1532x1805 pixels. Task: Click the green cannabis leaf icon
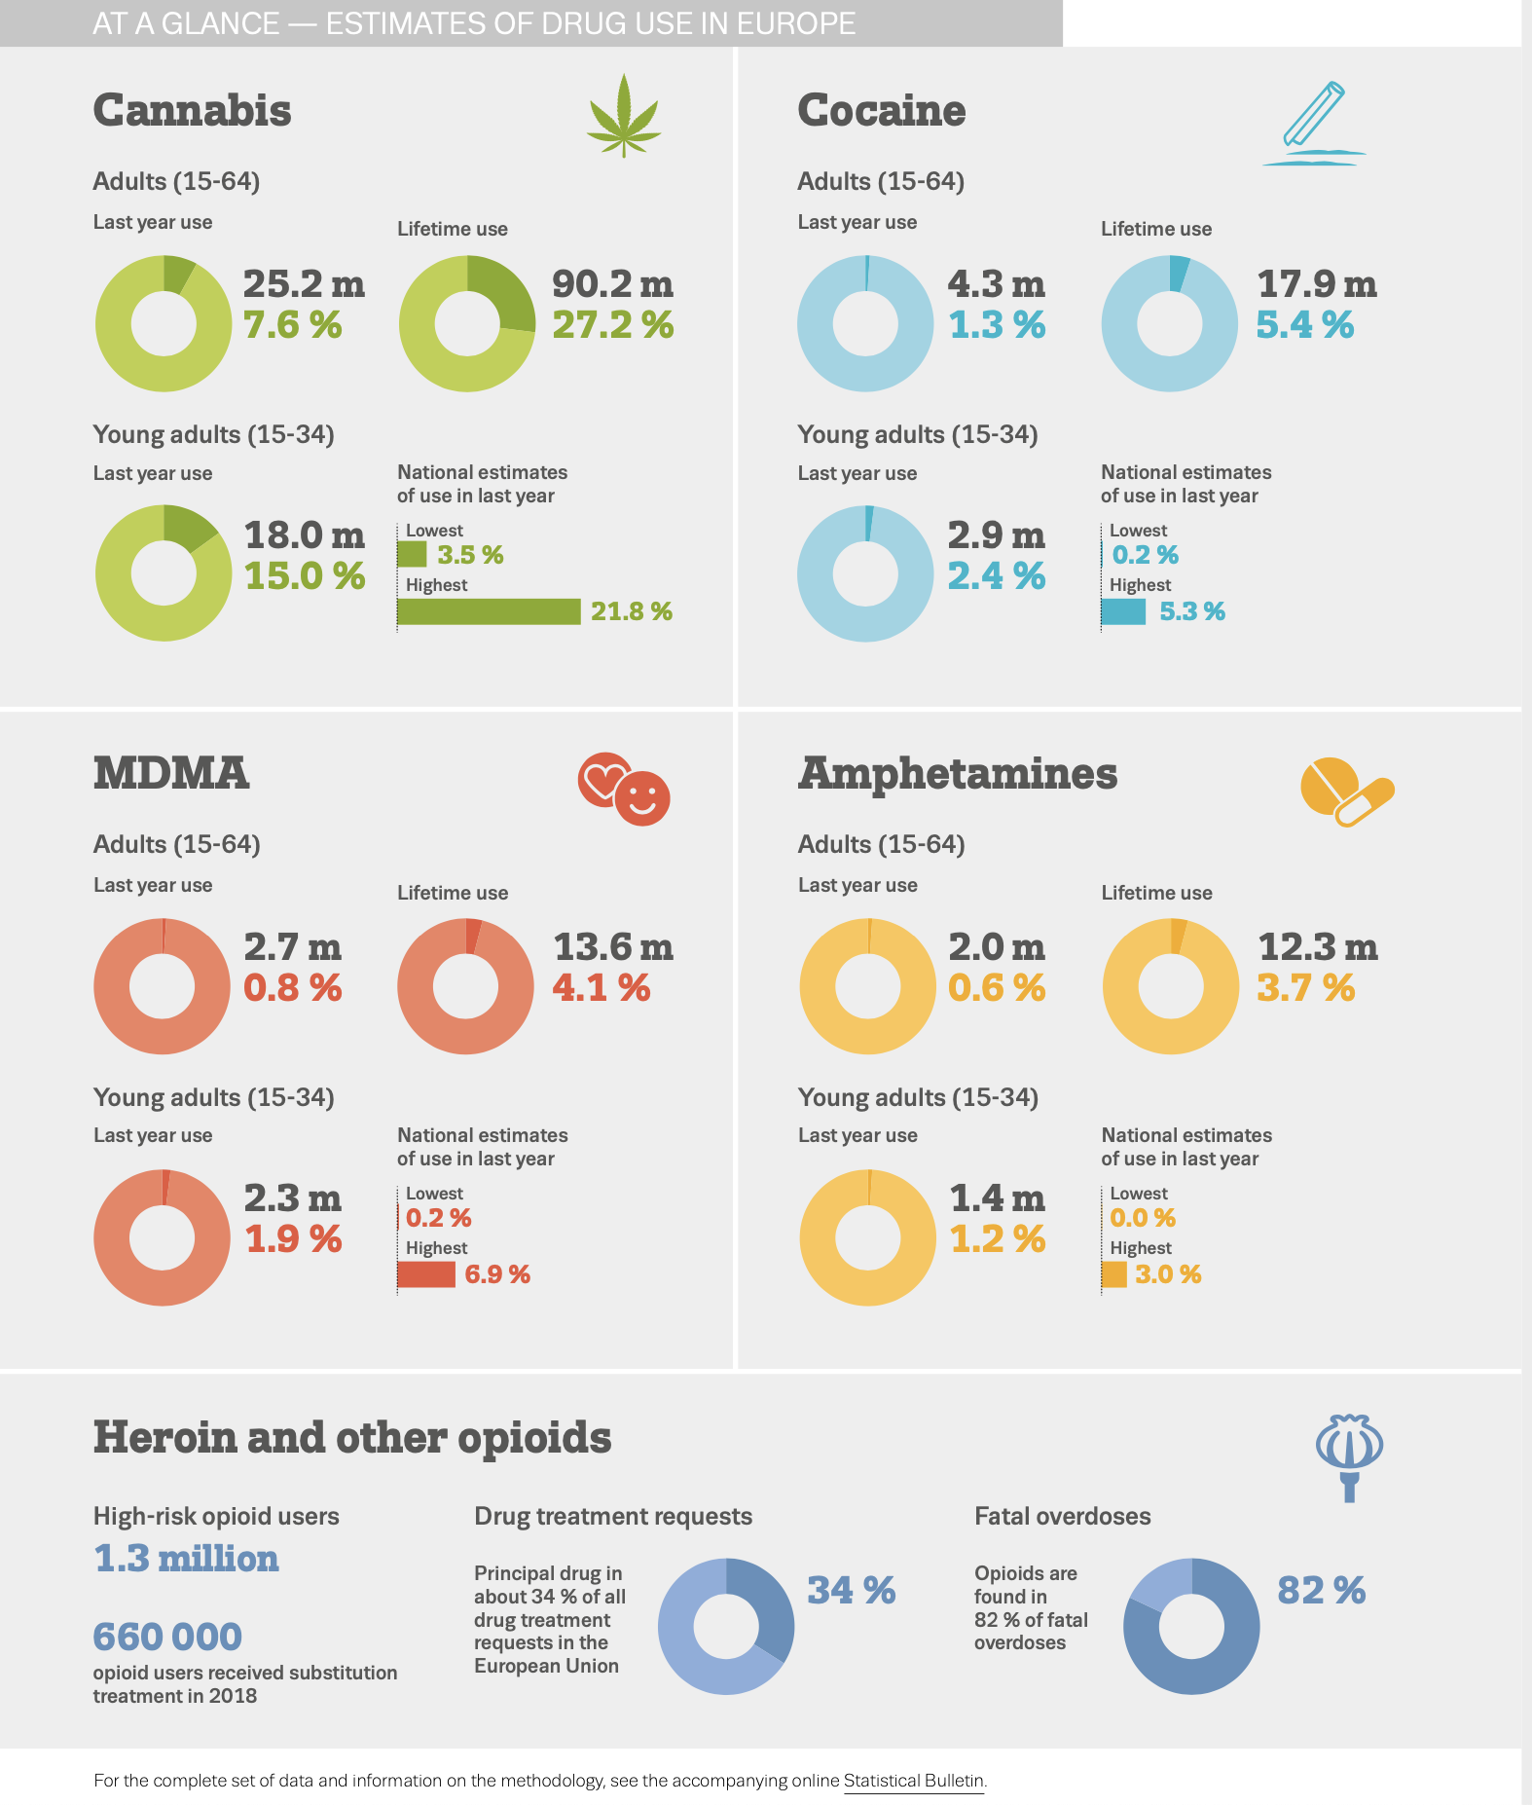pos(624,117)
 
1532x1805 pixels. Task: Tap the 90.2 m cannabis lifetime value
pos(612,284)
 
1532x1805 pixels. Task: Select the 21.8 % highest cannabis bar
pos(489,611)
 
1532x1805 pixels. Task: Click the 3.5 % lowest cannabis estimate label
pos(470,555)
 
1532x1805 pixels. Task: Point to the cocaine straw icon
pos(1313,125)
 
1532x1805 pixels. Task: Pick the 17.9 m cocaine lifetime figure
pos(1316,284)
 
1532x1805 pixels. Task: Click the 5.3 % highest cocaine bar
pos(1123,611)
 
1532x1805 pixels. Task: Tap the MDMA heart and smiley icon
pos(624,789)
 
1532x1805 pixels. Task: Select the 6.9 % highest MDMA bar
pos(426,1274)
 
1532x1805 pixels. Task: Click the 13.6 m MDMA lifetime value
pos(612,947)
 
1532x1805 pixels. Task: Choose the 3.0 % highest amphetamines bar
pos(1114,1274)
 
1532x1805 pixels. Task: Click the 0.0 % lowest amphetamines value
pos(1143,1218)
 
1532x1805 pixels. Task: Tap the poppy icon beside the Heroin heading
pos(1349,1456)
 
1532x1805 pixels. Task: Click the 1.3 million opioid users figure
pos(186,1559)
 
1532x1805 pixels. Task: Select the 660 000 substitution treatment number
pos(167,1638)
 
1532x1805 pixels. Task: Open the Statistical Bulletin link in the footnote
pos(913,1781)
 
